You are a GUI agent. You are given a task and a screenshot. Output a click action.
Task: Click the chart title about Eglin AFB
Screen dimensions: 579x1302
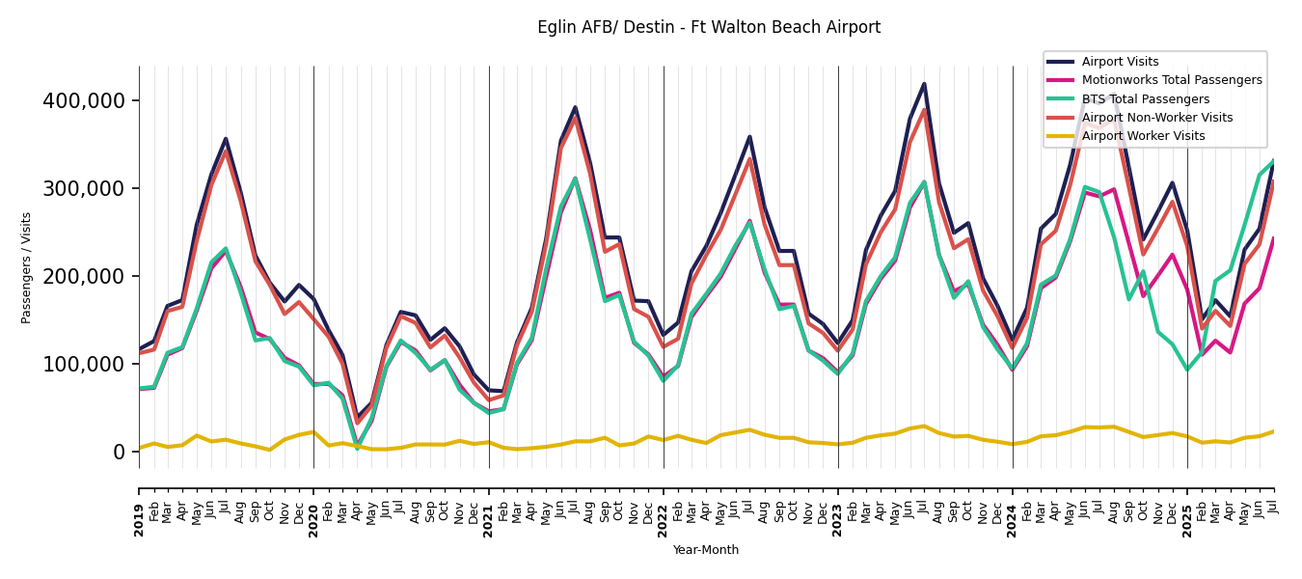[709, 28]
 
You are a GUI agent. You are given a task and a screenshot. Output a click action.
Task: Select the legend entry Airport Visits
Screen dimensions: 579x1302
[1120, 62]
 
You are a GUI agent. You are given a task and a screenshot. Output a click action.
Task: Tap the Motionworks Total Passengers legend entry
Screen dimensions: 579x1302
[1171, 80]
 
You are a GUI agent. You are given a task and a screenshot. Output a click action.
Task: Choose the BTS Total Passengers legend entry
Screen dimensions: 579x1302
[1145, 99]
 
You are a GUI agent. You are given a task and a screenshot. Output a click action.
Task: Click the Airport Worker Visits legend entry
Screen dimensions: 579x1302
[1143, 136]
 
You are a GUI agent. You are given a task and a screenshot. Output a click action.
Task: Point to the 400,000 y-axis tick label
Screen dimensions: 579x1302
[84, 101]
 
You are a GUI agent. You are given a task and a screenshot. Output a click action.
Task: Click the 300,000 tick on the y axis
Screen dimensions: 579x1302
[84, 189]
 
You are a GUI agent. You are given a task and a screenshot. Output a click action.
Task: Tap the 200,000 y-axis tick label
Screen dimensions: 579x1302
[84, 277]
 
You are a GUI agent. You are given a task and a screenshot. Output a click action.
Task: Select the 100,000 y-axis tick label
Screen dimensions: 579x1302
[84, 365]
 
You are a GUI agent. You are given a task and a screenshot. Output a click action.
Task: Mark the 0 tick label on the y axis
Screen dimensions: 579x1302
[119, 453]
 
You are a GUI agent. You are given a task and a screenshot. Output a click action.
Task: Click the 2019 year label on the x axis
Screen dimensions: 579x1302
[140, 520]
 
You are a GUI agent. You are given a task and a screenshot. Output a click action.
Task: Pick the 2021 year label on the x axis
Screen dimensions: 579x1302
[489, 520]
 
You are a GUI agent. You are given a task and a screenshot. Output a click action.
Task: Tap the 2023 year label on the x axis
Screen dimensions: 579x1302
[838, 520]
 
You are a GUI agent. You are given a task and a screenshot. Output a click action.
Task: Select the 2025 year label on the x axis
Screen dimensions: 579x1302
[1187, 520]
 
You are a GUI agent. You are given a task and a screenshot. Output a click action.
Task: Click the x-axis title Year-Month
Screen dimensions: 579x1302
[706, 550]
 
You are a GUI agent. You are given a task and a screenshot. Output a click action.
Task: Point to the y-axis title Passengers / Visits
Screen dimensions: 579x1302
[27, 267]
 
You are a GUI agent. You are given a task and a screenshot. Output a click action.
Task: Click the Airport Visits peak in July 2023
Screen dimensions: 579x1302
[924, 84]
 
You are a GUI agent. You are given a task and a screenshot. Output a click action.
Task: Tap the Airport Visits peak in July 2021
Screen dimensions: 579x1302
[575, 107]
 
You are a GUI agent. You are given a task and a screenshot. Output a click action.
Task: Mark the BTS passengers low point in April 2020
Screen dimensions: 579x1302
[357, 448]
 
